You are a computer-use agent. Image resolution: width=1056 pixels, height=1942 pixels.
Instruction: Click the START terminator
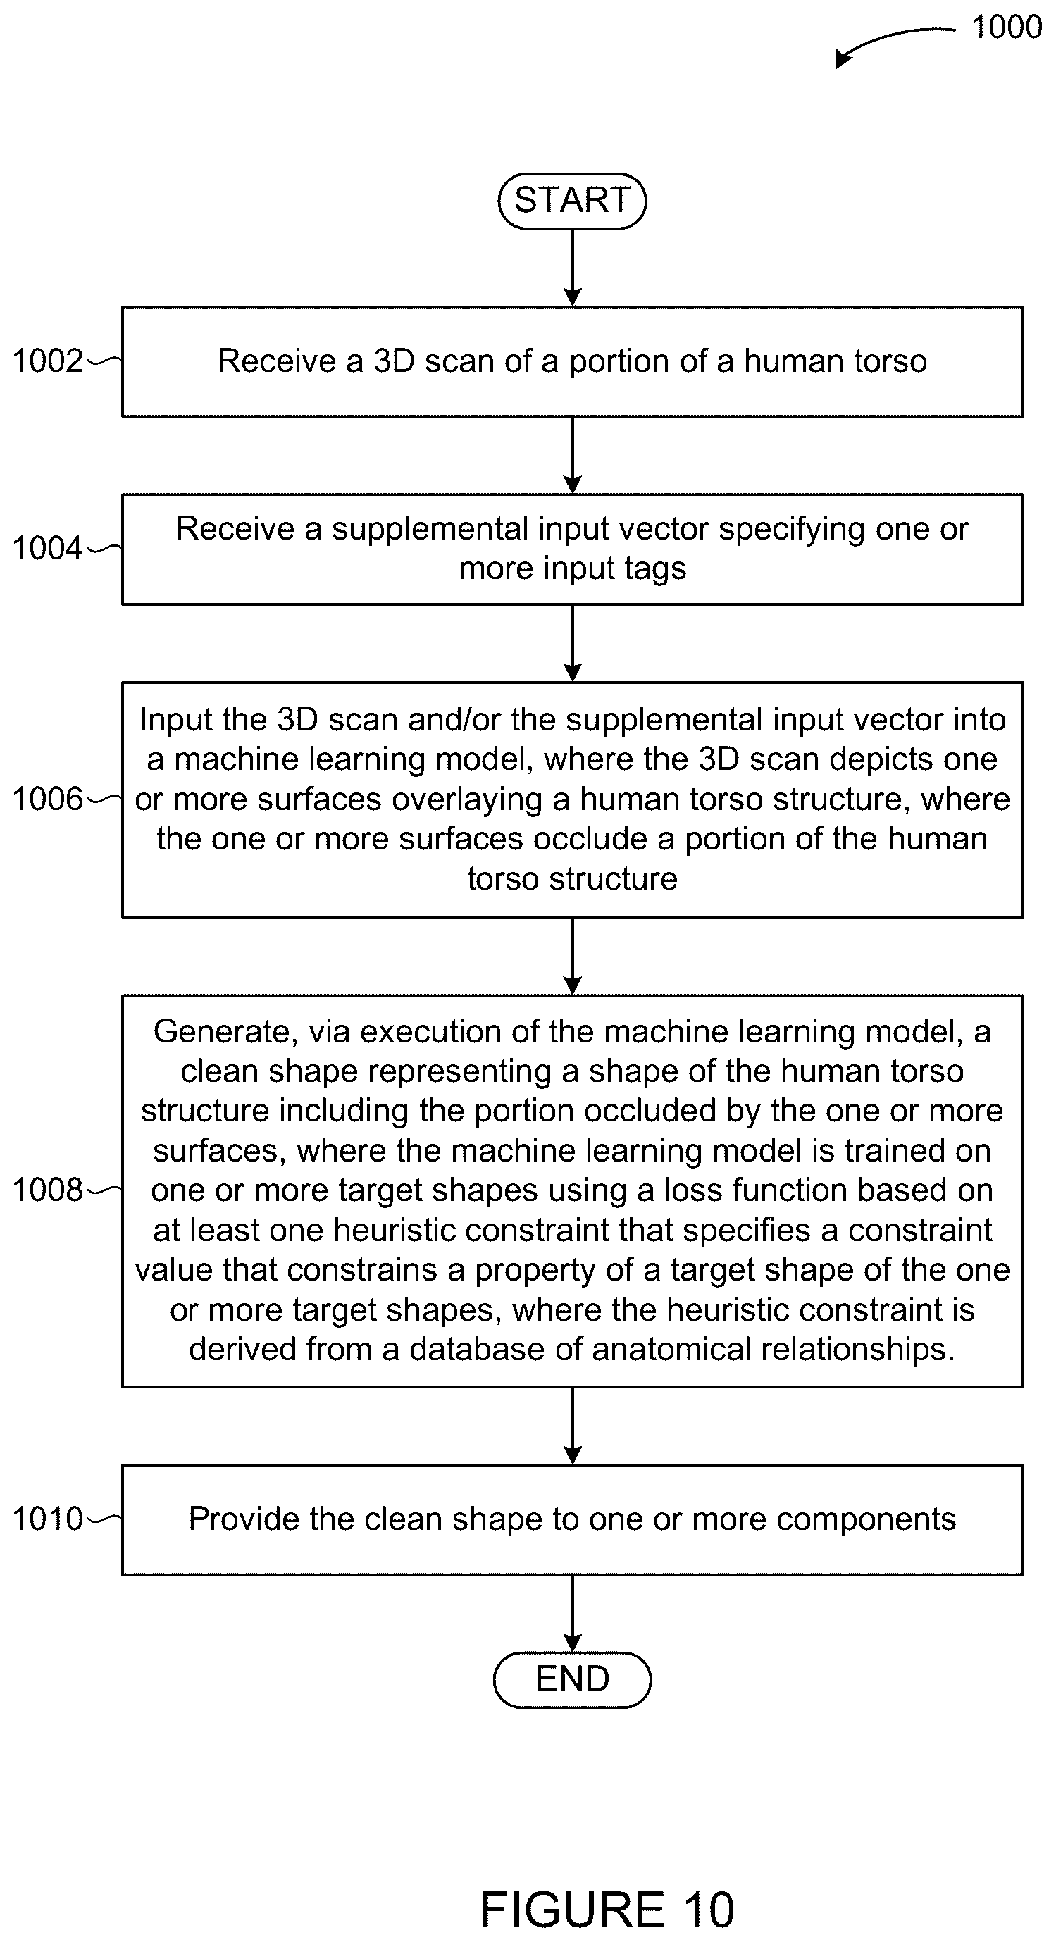[x=572, y=201]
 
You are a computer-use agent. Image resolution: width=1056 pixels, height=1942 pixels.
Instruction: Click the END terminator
[x=572, y=1680]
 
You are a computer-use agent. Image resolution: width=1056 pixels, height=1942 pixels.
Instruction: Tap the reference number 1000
[x=1006, y=27]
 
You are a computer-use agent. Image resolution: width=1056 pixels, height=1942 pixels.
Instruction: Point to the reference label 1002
[x=47, y=361]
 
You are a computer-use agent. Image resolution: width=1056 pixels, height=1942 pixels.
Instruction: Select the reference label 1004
[x=47, y=548]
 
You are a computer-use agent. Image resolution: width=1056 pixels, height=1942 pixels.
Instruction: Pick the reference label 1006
[x=47, y=798]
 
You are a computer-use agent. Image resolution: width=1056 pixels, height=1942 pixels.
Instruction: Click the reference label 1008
[x=47, y=1190]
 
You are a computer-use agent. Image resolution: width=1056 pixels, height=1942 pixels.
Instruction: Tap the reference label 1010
[x=47, y=1519]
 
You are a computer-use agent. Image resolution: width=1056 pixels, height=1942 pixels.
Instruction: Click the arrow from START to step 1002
[x=573, y=268]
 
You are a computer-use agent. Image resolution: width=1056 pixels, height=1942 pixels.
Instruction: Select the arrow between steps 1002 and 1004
[x=573, y=455]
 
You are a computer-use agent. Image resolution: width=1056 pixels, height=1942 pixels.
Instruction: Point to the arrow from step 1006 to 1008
[x=573, y=956]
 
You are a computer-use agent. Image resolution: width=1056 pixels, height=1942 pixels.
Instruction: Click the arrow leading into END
[x=573, y=1613]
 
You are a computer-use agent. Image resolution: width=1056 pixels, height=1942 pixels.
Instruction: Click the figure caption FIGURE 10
[x=607, y=1910]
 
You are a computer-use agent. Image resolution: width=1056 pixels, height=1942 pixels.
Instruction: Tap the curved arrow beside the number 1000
[x=890, y=42]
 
